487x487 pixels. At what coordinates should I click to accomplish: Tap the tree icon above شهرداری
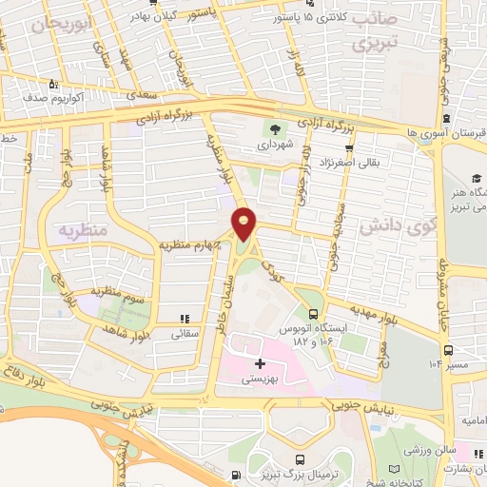(275, 130)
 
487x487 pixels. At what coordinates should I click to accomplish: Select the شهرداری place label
(275, 146)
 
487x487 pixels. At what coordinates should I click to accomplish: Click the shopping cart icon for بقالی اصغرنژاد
(349, 147)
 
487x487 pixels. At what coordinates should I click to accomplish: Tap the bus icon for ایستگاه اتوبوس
(314, 315)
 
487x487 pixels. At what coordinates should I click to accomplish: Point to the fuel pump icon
(236, 474)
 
